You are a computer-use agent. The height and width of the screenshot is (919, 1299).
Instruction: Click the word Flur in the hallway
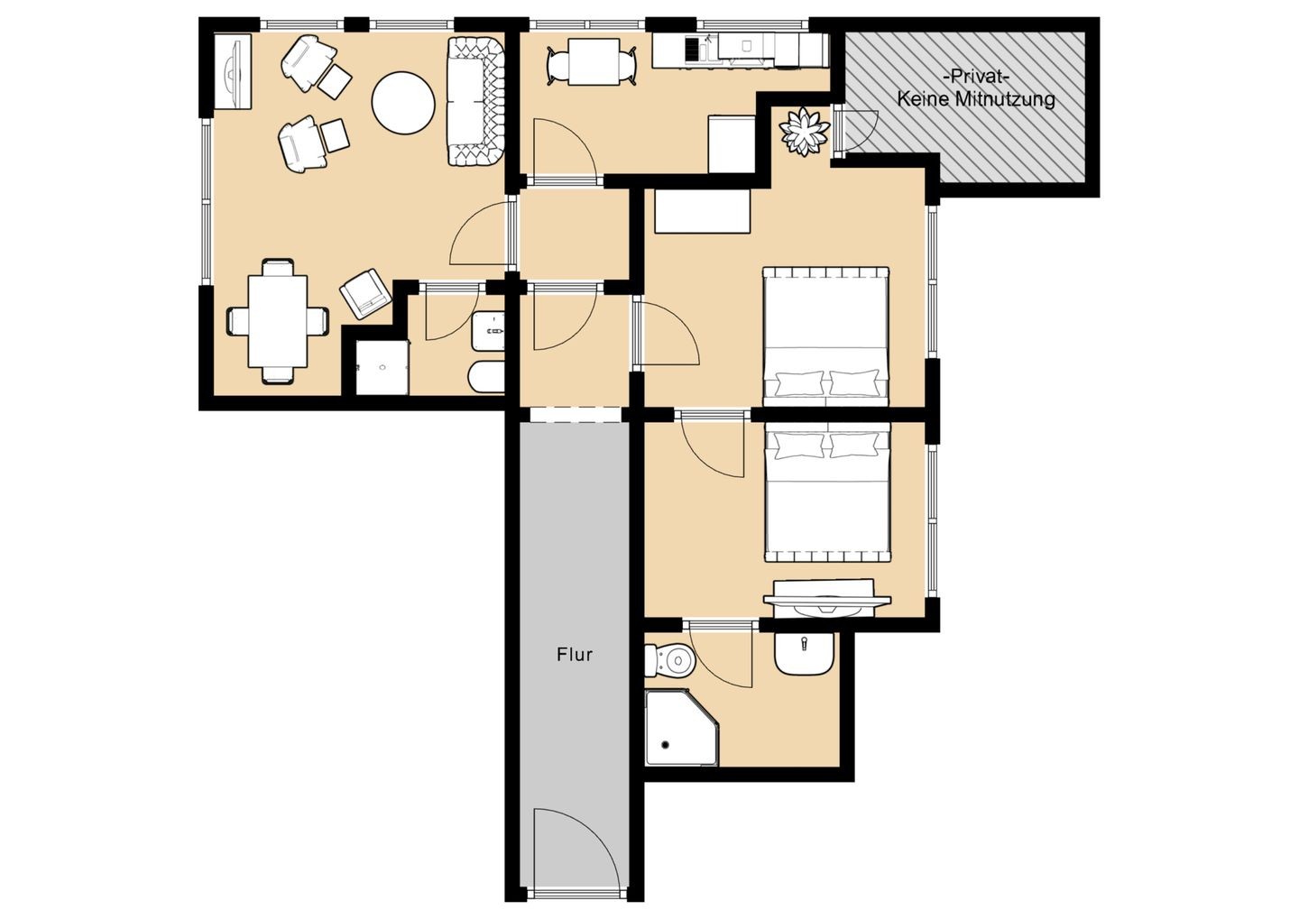click(x=574, y=655)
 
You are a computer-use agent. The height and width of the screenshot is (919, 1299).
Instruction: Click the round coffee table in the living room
click(x=403, y=103)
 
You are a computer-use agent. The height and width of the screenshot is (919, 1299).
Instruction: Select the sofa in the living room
click(x=474, y=102)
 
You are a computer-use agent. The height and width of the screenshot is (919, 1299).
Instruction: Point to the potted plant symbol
click(x=804, y=132)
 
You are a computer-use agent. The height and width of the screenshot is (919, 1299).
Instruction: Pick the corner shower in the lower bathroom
click(x=682, y=728)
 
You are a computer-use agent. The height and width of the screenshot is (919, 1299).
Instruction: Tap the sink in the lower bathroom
click(x=804, y=653)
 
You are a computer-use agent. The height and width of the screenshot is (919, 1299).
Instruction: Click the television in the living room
click(x=233, y=71)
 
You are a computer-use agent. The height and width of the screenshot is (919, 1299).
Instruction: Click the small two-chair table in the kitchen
click(x=594, y=62)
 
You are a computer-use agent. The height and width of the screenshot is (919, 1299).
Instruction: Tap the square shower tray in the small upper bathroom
click(x=382, y=368)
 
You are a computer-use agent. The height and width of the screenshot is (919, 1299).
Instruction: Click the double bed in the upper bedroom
click(x=825, y=336)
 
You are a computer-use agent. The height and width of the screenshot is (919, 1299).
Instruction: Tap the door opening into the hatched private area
click(x=855, y=131)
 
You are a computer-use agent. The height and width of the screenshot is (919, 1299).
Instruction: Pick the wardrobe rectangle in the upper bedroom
click(x=702, y=212)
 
